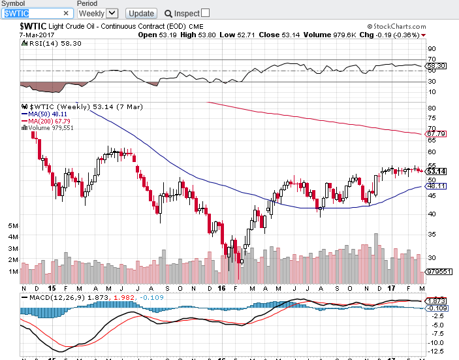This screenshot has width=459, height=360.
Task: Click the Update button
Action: [x=140, y=13]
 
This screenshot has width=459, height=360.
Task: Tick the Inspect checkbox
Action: [x=206, y=13]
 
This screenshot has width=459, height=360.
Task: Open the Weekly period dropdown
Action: [x=98, y=13]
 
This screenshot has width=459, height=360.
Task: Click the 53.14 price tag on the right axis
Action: [x=435, y=171]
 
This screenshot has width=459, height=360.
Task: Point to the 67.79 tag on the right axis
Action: [x=435, y=134]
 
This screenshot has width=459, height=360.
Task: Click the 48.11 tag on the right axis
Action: [x=435, y=186]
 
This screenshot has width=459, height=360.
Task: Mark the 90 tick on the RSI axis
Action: [x=432, y=49]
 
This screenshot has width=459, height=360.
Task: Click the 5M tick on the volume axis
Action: [x=12, y=225]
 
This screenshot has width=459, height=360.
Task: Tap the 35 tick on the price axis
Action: [x=432, y=233]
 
